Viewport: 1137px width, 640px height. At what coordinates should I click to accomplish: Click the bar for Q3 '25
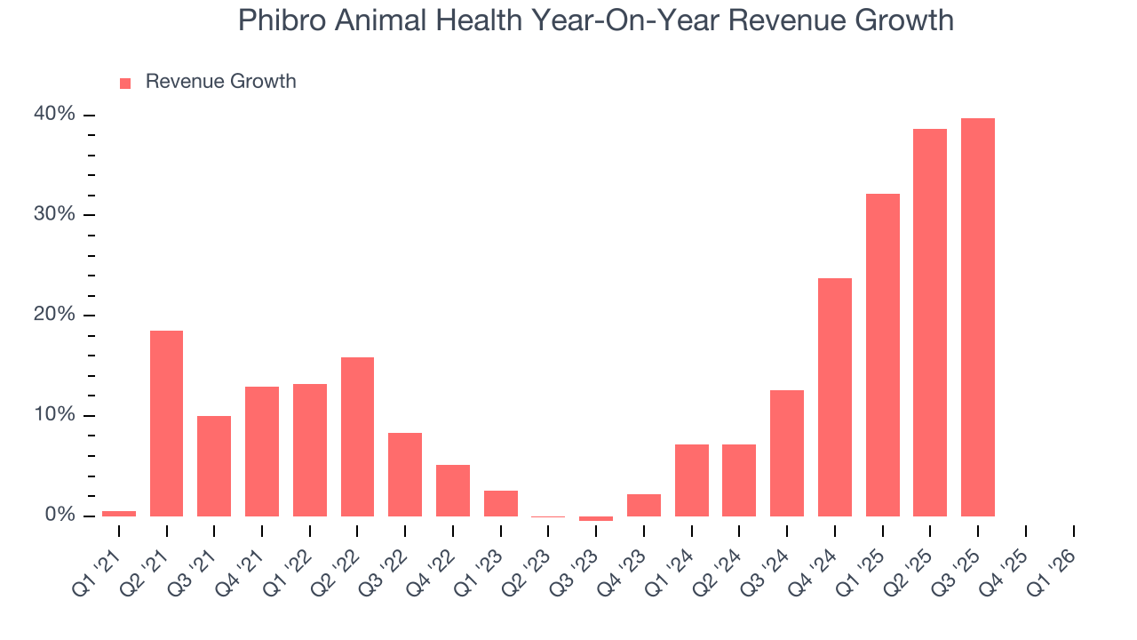coord(977,317)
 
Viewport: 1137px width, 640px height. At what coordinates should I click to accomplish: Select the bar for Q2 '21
coord(166,423)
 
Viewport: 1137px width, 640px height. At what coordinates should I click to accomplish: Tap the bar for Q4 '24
coord(834,397)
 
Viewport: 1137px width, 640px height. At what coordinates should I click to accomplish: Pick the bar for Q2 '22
coord(357,436)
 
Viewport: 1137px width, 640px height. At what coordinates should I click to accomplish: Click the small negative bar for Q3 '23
coord(595,518)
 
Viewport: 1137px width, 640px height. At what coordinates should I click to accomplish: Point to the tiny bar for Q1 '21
coord(119,513)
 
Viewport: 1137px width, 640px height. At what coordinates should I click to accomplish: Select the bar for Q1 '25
coord(882,356)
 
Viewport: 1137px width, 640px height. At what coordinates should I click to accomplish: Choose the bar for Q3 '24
coord(786,453)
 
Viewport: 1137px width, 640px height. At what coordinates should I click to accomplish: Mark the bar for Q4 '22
coord(452,491)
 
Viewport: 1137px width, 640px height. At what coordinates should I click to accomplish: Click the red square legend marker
coord(125,83)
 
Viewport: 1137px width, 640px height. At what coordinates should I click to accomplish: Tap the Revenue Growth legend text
coord(220,82)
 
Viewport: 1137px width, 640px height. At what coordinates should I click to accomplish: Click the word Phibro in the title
coord(281,20)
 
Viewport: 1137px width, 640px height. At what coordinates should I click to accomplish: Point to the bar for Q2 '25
coord(930,323)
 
